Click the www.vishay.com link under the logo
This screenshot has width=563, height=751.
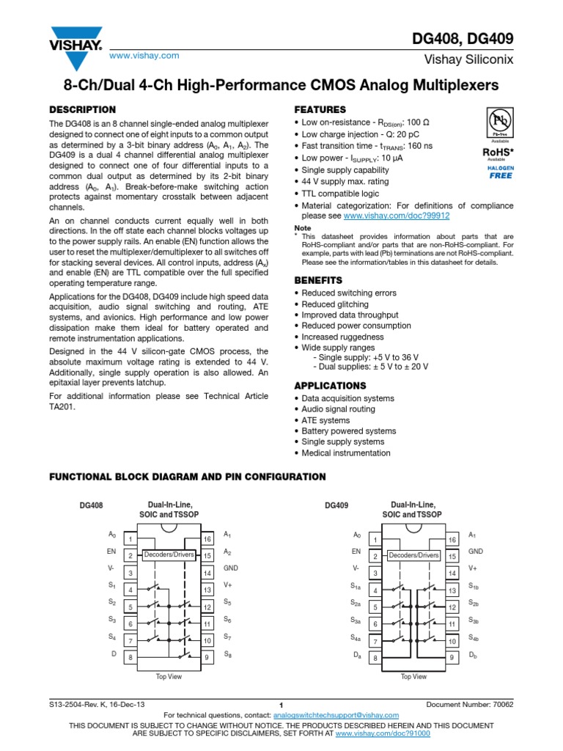tap(144, 56)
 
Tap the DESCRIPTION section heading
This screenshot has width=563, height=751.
tap(82, 109)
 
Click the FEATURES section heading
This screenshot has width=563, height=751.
tap(320, 109)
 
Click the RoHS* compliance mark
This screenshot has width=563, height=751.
tap(500, 152)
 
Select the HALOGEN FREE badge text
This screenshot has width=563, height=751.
tap(500, 172)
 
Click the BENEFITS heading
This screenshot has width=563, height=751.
tap(318, 280)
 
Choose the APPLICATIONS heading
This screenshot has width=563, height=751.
tap(330, 385)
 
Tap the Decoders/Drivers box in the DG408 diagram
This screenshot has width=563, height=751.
tap(169, 555)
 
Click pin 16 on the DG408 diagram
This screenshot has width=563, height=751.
tap(207, 539)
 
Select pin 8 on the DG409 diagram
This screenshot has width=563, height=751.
tap(375, 658)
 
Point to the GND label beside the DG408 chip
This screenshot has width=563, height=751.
tap(231, 568)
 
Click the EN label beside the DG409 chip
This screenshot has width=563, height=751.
tap(356, 551)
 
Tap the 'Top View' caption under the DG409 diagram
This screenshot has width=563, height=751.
tap(413, 676)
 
